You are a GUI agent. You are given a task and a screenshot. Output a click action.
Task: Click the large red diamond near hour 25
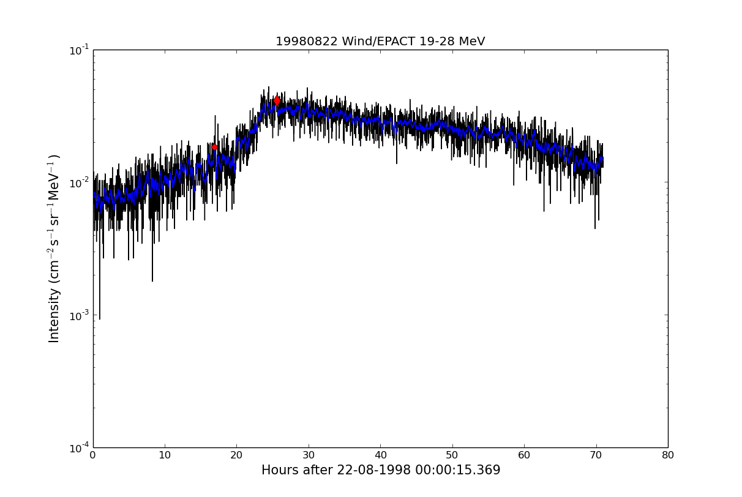coord(277,100)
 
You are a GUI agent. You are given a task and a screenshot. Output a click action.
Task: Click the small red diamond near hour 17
coord(214,147)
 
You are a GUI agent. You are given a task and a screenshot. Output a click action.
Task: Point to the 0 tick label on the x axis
coord(93,455)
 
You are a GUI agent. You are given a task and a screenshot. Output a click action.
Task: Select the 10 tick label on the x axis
coord(165,455)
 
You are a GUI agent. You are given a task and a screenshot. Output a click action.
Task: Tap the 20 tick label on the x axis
coord(236,455)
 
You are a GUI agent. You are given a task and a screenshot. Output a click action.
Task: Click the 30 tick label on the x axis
coord(309,455)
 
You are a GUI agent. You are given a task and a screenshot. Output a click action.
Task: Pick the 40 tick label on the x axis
coord(380,455)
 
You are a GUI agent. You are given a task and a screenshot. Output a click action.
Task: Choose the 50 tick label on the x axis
coord(452,455)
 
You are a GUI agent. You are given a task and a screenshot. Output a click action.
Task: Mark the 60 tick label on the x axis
coord(524,455)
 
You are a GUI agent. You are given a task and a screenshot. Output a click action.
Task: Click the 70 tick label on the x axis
coord(596,455)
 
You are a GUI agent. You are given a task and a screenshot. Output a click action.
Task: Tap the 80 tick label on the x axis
coord(668,455)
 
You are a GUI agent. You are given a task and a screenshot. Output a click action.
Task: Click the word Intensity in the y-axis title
coord(54,315)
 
